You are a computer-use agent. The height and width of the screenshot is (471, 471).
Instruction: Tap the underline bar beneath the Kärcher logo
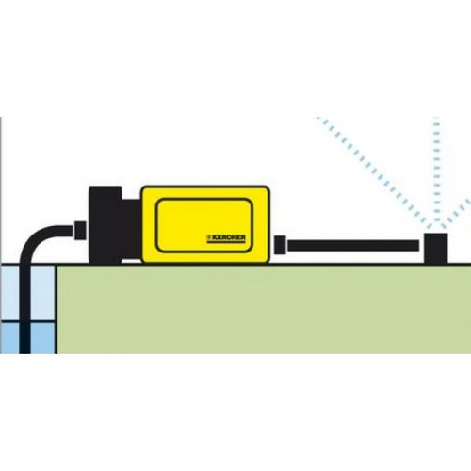pyautogui.click(x=226, y=242)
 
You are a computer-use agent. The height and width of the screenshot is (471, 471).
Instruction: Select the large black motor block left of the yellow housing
pyautogui.click(x=106, y=224)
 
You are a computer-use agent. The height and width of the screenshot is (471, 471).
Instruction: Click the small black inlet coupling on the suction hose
pyautogui.click(x=80, y=231)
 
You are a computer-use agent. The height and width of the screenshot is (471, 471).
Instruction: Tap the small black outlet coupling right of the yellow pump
pyautogui.click(x=281, y=245)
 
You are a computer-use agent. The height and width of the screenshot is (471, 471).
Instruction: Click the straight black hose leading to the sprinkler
pyautogui.click(x=353, y=246)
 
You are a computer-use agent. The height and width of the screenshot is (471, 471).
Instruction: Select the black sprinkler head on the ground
pyautogui.click(x=436, y=249)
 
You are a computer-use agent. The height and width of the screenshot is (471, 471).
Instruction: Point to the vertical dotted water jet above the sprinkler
pyautogui.click(x=437, y=171)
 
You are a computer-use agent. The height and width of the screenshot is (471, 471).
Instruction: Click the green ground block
pyautogui.click(x=264, y=309)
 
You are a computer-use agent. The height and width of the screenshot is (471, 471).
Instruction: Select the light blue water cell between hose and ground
pyautogui.click(x=43, y=294)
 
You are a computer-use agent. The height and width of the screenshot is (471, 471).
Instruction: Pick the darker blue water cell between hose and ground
pyautogui.click(x=43, y=338)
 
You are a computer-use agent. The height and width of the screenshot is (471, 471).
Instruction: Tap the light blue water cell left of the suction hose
pyautogui.click(x=9, y=294)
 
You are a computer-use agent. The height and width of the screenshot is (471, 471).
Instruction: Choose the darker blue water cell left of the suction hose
pyautogui.click(x=9, y=338)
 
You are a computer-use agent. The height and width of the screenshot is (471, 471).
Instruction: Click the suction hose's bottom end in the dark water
pyautogui.click(x=25, y=353)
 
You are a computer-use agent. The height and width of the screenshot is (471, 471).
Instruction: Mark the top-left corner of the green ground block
pyautogui.click(x=57, y=266)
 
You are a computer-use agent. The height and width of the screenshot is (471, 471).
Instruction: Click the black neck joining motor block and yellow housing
pyautogui.click(x=131, y=230)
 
